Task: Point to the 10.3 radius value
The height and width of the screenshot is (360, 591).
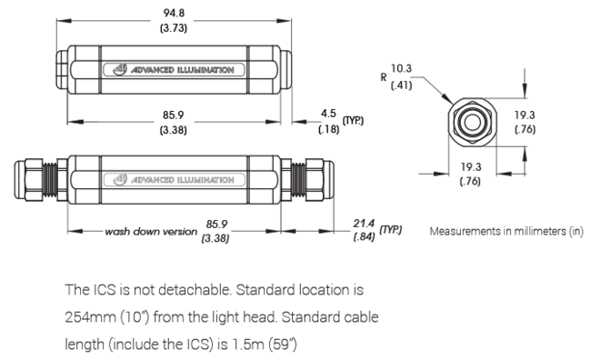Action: [x=401, y=67]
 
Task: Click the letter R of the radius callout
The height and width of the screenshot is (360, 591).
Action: [x=384, y=76]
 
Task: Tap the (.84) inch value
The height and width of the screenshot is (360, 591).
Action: [x=365, y=237]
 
